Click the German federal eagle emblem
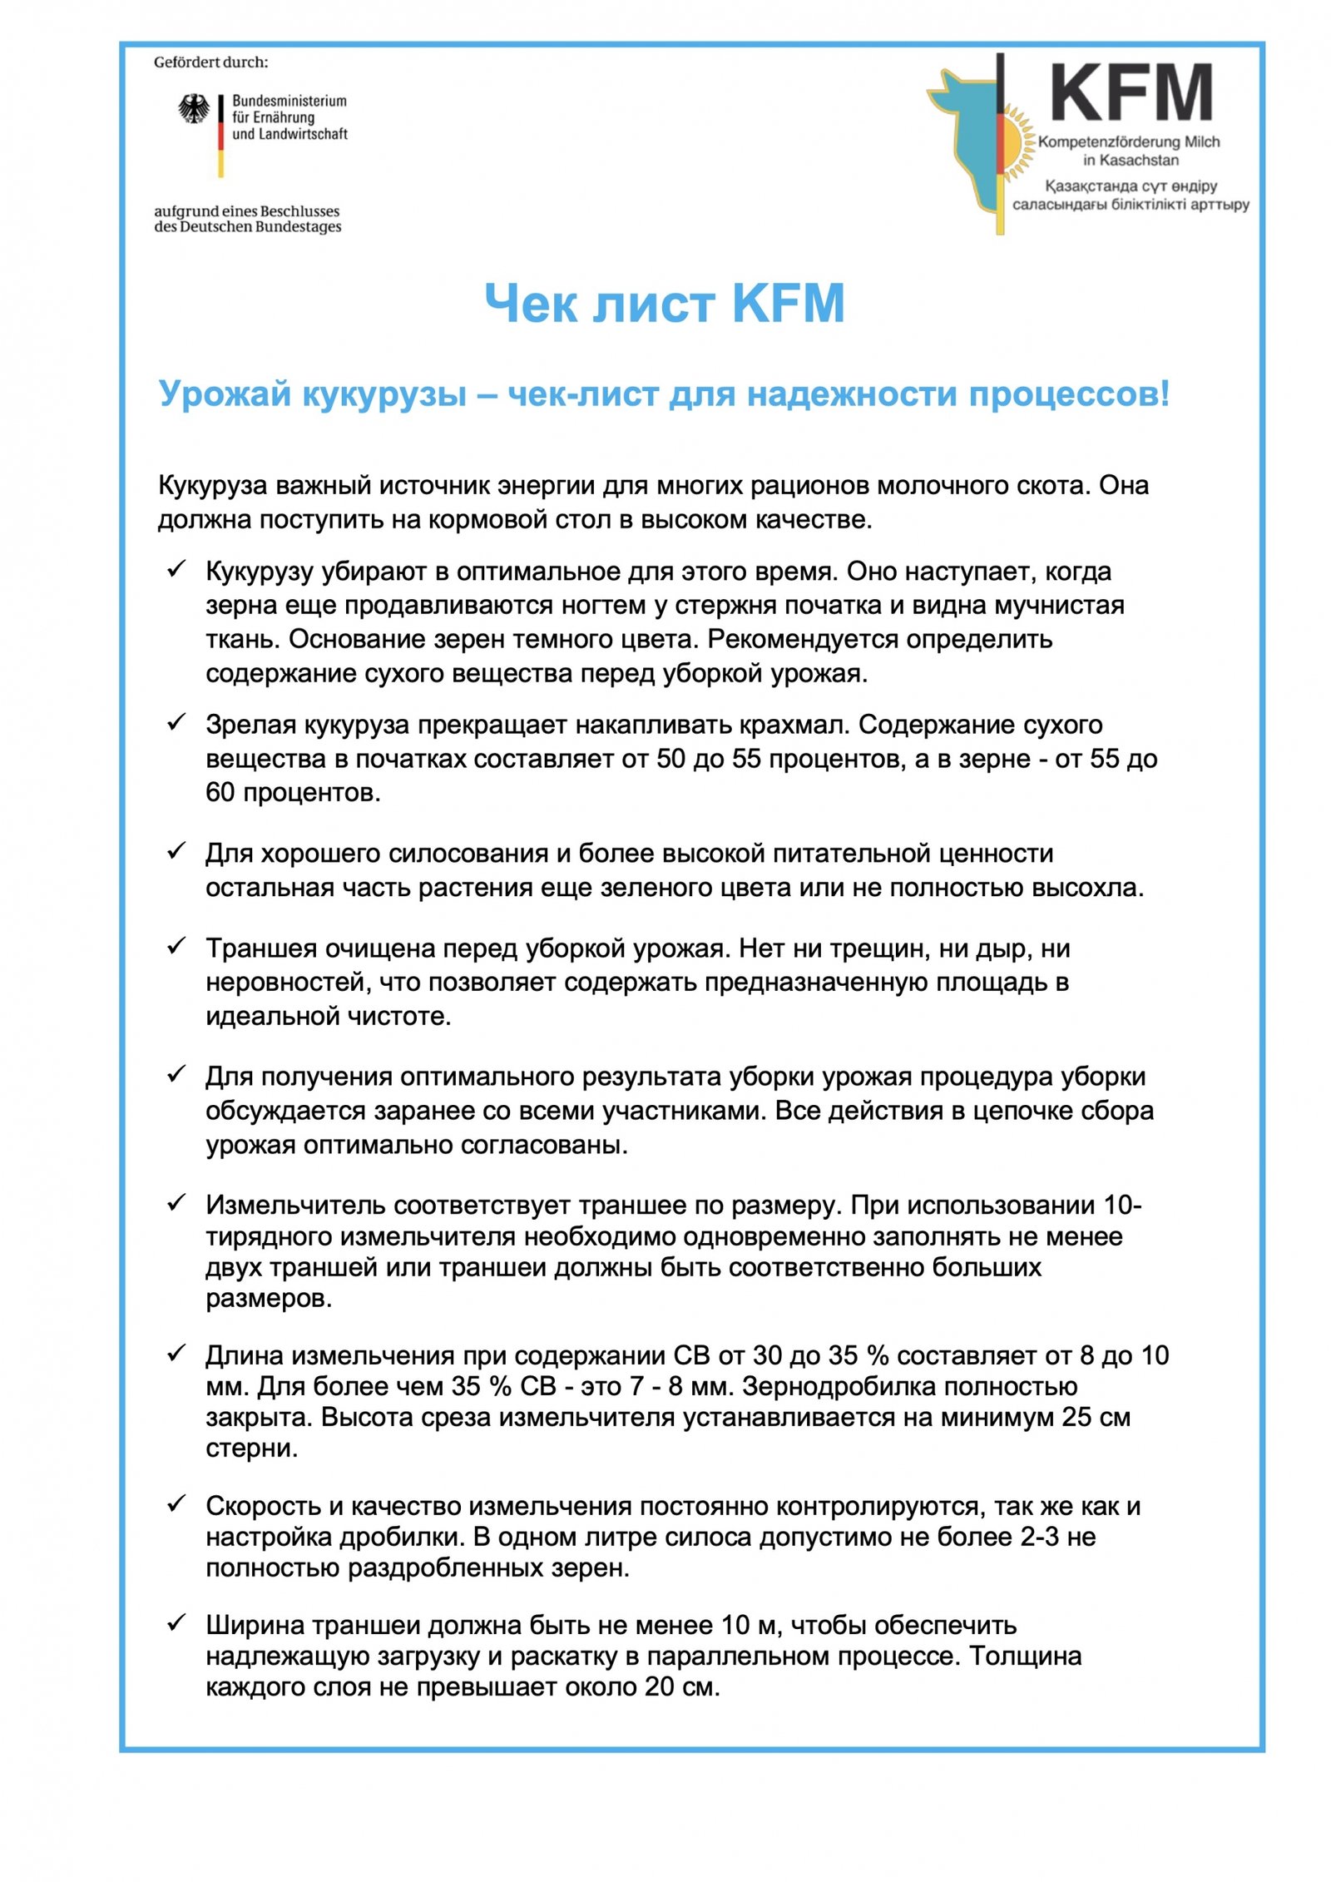pyautogui.click(x=194, y=109)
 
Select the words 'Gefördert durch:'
pyautogui.click(x=210, y=62)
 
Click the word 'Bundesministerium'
pyautogui.click(x=289, y=101)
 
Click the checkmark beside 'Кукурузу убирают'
pyautogui.click(x=176, y=569)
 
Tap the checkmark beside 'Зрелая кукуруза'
pyautogui.click(x=176, y=722)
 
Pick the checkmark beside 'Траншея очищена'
pyautogui.click(x=176, y=946)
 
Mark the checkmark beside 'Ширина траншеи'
pyautogui.click(x=176, y=1622)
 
